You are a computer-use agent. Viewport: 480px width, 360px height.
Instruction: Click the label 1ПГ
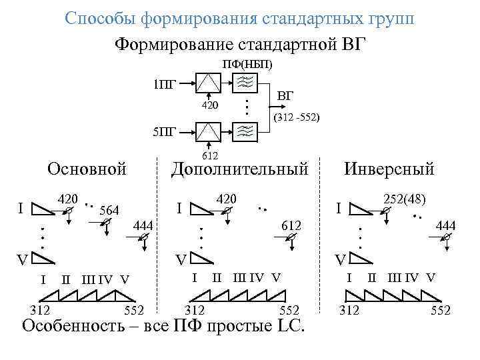click(x=164, y=84)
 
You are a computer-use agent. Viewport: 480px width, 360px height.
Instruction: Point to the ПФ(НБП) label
click(x=247, y=65)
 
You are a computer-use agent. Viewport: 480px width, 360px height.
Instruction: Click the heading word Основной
click(x=87, y=169)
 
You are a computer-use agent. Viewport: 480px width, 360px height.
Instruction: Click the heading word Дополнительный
click(x=240, y=169)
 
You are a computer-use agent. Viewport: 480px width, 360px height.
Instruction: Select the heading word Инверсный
click(x=389, y=169)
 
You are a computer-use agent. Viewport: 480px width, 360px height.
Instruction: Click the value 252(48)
click(x=405, y=199)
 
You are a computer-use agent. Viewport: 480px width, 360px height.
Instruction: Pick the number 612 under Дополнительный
click(x=291, y=227)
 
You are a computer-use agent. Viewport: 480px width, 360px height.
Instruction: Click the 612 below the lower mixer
click(x=210, y=155)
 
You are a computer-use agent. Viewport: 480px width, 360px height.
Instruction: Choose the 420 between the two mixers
click(x=210, y=105)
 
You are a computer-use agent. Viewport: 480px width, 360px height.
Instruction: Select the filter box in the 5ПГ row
click(x=245, y=129)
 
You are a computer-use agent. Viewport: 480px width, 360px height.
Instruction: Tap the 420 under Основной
click(x=68, y=199)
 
